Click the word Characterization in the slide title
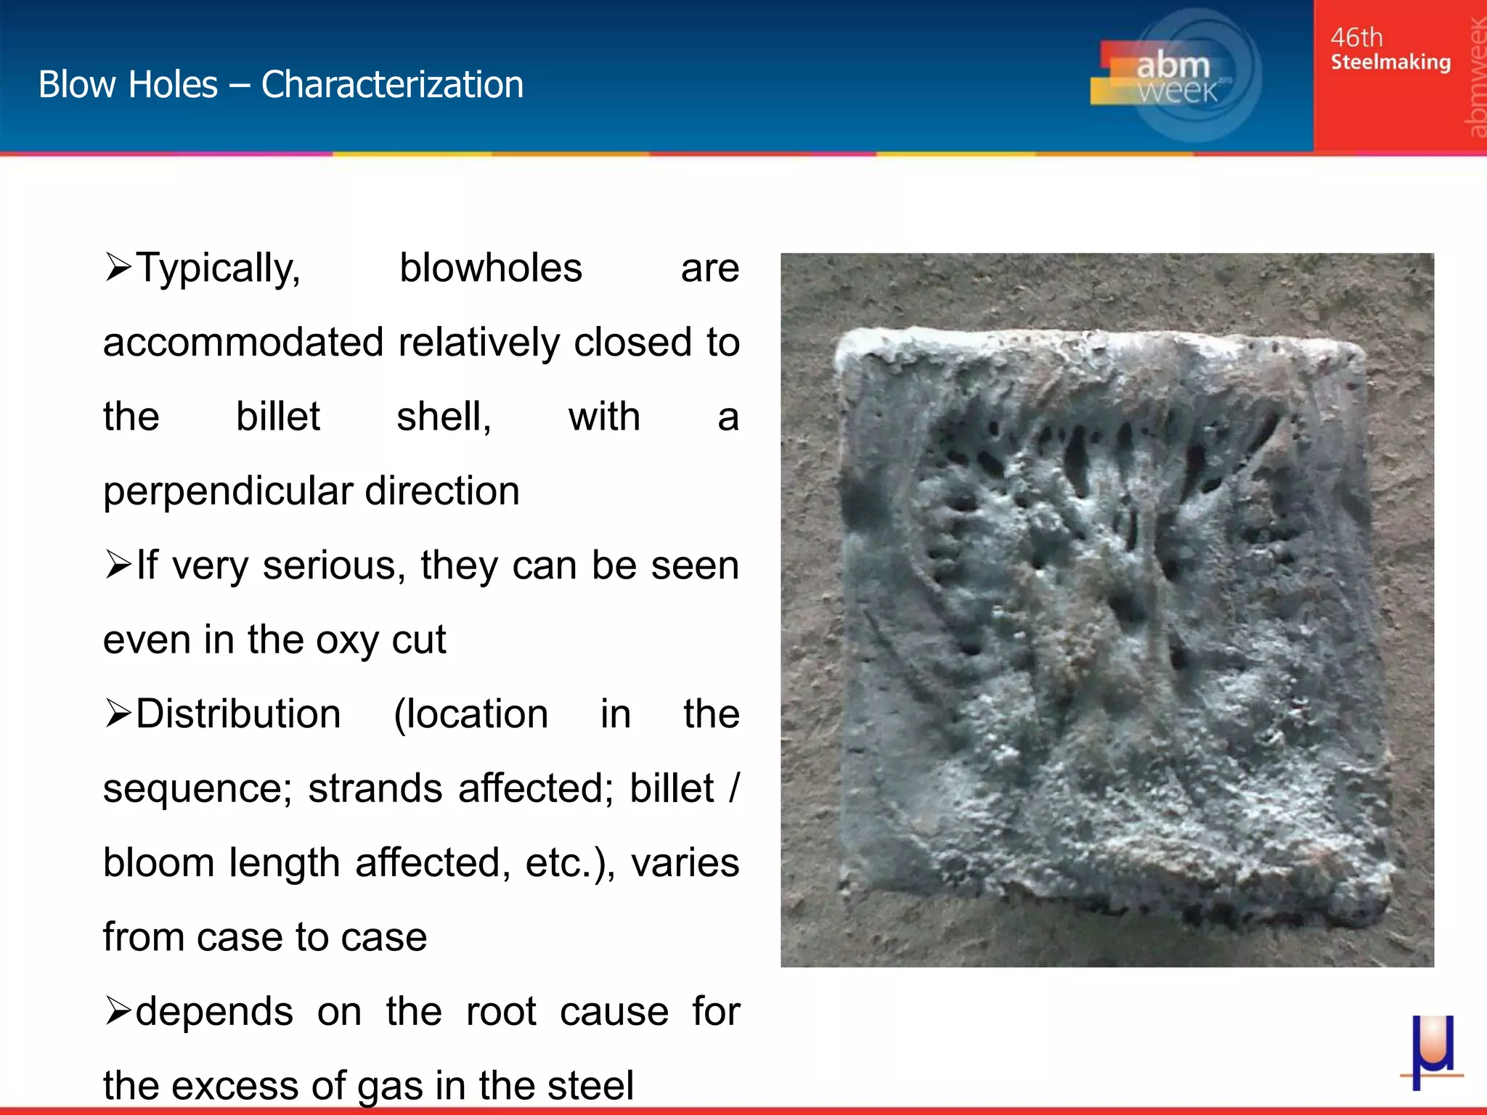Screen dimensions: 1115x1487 tap(392, 84)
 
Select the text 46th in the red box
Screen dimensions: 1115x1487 tap(1356, 37)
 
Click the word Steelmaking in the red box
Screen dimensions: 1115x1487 tap(1390, 62)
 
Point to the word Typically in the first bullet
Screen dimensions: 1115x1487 tap(218, 269)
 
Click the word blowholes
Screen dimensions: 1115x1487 tap(491, 269)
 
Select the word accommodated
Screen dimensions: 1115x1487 tap(243, 343)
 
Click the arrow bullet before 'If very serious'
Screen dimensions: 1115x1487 tap(118, 564)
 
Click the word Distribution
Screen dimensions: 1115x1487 tap(238, 714)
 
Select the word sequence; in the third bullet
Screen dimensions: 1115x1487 tap(197, 789)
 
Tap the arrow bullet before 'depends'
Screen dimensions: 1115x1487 tap(118, 1010)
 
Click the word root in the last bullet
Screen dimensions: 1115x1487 tap(501, 1012)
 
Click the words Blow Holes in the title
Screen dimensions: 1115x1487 tap(128, 84)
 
